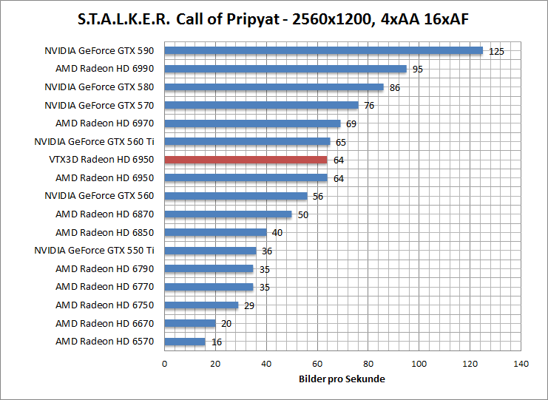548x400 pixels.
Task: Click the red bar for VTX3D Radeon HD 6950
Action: [246, 160]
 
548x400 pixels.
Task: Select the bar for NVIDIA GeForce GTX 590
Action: [323, 51]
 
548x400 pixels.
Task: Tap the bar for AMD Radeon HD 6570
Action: [184, 342]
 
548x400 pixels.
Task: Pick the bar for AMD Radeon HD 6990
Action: [285, 69]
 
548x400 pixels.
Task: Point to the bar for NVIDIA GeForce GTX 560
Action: [235, 196]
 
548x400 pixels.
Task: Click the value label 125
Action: [496, 52]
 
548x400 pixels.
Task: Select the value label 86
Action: [395, 87]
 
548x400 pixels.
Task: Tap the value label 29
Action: [249, 305]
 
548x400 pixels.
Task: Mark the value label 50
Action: [303, 214]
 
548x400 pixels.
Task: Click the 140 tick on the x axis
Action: [521, 364]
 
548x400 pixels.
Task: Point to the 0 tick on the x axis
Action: [164, 364]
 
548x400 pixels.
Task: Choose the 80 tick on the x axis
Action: [368, 364]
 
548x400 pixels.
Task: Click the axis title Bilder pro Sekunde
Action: [342, 379]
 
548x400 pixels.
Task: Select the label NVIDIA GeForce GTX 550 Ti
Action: [94, 251]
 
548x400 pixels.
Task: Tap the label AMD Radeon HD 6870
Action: [104, 214]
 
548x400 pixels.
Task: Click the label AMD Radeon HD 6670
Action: [104, 323]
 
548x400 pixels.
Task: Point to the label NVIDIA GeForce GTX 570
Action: [99, 105]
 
